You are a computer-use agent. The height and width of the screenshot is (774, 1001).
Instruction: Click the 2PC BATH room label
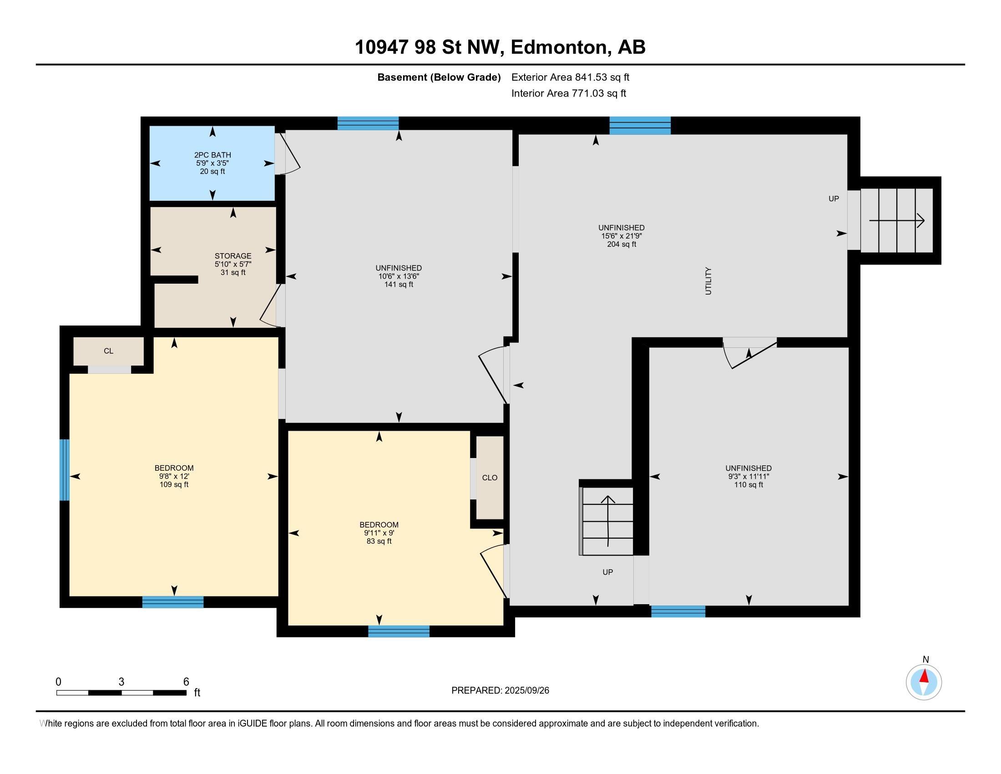pyautogui.click(x=212, y=155)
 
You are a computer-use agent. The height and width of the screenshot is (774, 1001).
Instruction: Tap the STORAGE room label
pyautogui.click(x=233, y=256)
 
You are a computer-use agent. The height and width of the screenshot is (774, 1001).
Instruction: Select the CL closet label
pyautogui.click(x=109, y=351)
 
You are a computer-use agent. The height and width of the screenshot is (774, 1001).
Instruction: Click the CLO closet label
pyautogui.click(x=490, y=477)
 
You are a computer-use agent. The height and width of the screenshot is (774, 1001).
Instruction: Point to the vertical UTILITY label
pyautogui.click(x=708, y=280)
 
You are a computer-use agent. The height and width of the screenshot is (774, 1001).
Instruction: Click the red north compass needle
pyautogui.click(x=925, y=676)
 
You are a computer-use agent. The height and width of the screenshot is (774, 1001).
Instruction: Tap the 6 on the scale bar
pyautogui.click(x=186, y=682)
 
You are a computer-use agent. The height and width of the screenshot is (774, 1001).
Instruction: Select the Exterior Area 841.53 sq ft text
pyautogui.click(x=570, y=77)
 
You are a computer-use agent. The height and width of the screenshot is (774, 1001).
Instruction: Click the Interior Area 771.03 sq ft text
pyautogui.click(x=568, y=93)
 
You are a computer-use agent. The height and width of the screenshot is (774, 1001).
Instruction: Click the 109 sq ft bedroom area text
pyautogui.click(x=174, y=484)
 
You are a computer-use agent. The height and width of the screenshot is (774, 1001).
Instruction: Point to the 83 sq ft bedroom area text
pyautogui.click(x=379, y=541)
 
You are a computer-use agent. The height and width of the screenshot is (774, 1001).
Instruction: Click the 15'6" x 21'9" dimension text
pyautogui.click(x=622, y=236)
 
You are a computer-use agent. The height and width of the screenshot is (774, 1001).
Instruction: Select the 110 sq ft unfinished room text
pyautogui.click(x=748, y=485)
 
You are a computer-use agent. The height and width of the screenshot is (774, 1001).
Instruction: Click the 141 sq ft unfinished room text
pyautogui.click(x=399, y=284)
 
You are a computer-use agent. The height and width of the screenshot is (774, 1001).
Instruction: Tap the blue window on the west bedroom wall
pyautogui.click(x=65, y=470)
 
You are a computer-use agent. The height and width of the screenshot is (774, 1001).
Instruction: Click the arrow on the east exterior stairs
pyautogui.click(x=897, y=220)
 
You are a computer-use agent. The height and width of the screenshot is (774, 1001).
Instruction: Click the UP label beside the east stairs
pyautogui.click(x=834, y=199)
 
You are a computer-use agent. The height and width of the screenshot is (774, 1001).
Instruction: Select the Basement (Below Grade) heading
pyautogui.click(x=439, y=77)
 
